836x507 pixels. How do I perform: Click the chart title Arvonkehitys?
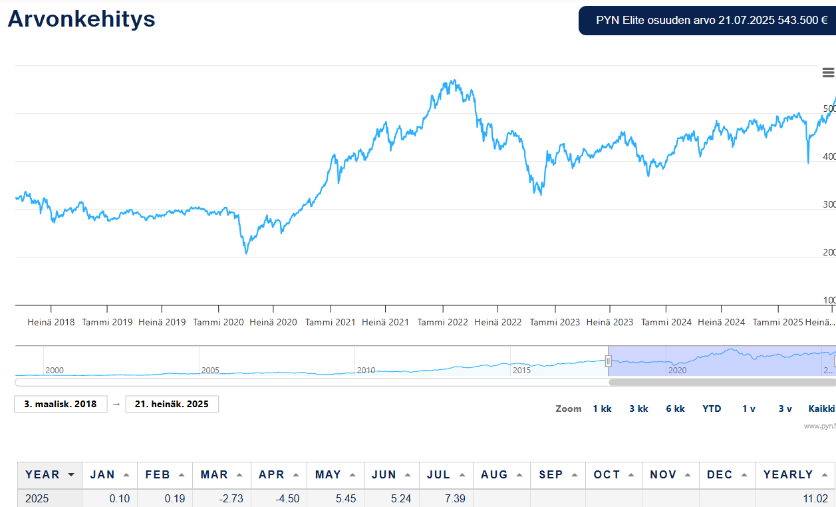[81, 19]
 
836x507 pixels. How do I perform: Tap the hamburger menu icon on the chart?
[828, 73]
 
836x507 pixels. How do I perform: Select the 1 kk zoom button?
[602, 409]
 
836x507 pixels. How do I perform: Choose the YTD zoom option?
[712, 409]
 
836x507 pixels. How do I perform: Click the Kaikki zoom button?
[821, 409]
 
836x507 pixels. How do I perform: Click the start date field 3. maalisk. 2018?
[61, 404]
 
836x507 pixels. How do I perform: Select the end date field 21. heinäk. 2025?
[172, 404]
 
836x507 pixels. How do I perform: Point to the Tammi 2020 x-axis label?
[218, 322]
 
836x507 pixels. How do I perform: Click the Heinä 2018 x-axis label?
[51, 322]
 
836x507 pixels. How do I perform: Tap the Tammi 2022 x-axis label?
[443, 322]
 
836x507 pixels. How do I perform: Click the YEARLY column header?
[788, 474]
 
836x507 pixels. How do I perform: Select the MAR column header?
[214, 474]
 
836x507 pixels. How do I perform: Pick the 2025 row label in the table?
[37, 498]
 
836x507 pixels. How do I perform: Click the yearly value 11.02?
[815, 498]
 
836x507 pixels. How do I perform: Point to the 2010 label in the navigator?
[366, 370]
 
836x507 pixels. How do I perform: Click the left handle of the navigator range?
[608, 361]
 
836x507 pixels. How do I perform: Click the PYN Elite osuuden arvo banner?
[707, 20]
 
